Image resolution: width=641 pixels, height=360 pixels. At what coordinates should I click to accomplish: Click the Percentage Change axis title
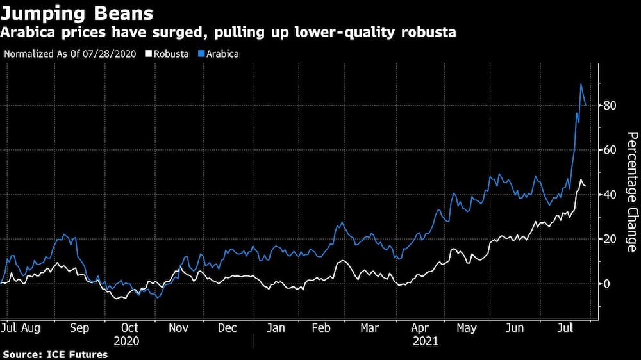[631, 192]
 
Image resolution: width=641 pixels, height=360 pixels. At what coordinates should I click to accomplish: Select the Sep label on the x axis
[79, 328]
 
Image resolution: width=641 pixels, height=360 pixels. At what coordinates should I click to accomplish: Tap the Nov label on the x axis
[178, 328]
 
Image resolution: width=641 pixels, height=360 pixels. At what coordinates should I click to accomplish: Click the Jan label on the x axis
[276, 328]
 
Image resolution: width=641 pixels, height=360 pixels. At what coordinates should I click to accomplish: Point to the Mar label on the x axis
[369, 328]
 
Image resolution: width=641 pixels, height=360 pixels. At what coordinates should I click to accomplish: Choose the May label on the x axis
[467, 328]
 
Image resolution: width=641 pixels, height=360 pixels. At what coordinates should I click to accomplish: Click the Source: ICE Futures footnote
[54, 354]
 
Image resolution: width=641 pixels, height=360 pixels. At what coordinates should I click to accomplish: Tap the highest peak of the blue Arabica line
[581, 85]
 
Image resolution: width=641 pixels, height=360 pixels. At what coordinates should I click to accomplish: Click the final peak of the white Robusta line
[581, 180]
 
